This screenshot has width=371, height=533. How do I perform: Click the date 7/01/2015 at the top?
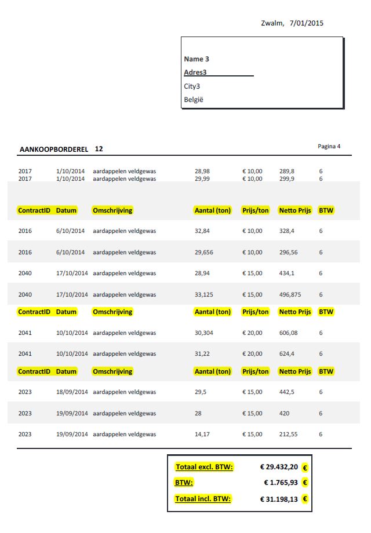(x=307, y=23)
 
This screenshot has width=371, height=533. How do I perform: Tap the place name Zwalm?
(x=272, y=23)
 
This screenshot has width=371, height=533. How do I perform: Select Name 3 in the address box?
(x=197, y=59)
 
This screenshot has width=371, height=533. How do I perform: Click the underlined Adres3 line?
(x=195, y=72)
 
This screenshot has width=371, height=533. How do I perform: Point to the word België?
(x=194, y=100)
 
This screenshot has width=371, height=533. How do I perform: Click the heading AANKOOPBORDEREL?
(x=54, y=149)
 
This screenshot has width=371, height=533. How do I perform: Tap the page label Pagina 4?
(x=329, y=146)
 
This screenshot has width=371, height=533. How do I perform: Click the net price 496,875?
(x=290, y=294)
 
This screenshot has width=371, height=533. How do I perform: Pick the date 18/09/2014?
(x=72, y=392)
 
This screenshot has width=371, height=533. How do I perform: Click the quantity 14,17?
(x=202, y=434)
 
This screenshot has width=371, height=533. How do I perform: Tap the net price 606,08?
(x=288, y=333)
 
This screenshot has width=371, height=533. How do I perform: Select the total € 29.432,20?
(x=279, y=467)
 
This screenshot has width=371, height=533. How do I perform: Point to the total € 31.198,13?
(x=279, y=498)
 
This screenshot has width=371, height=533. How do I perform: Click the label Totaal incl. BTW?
(x=203, y=498)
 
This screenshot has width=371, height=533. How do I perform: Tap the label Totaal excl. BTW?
(x=204, y=467)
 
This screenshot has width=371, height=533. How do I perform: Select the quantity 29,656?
(x=204, y=252)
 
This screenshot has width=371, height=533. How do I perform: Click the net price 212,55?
(x=288, y=434)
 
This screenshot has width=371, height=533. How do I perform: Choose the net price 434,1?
(x=286, y=273)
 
